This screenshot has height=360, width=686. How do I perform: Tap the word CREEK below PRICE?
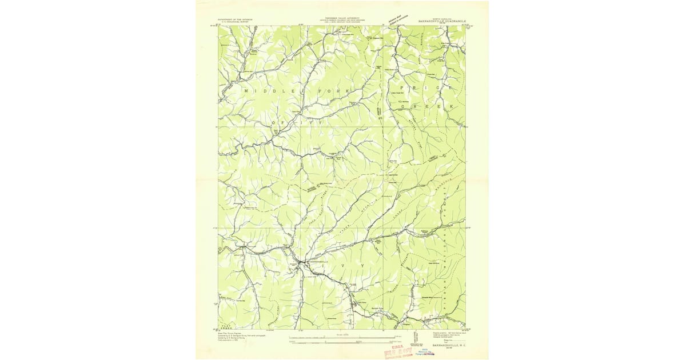pos(426,106)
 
